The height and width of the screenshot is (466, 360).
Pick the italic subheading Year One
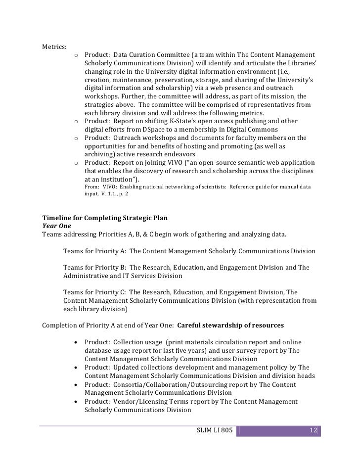[57, 226]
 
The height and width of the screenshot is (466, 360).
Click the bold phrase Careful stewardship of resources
[230, 326]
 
